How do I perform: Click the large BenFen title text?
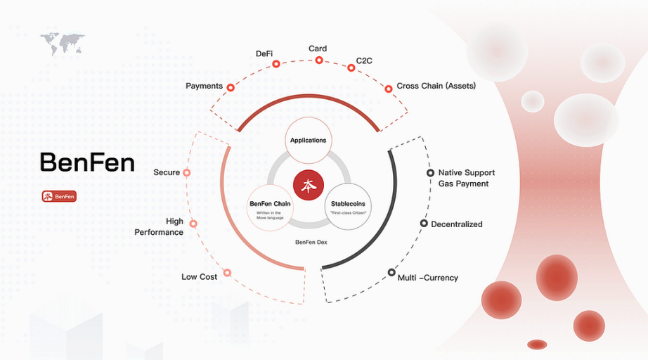point(87,162)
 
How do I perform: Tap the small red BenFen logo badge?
point(59,196)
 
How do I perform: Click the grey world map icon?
point(63,43)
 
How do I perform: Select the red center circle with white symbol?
point(309,185)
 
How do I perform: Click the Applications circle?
point(309,141)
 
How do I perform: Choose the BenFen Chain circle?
point(270,207)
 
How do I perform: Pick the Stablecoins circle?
point(348,207)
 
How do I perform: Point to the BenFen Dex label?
point(311,242)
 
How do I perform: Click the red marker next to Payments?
point(231,88)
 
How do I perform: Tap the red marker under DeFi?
point(276,64)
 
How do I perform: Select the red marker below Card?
point(319,60)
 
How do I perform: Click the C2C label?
point(364,60)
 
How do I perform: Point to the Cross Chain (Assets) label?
point(436,86)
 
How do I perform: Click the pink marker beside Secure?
point(187,172)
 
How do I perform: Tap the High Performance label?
point(159,226)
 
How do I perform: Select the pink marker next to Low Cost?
point(227,273)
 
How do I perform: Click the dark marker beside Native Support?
point(430,173)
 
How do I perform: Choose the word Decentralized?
point(457,224)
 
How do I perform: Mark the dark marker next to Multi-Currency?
point(391,272)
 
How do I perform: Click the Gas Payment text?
point(463,184)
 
